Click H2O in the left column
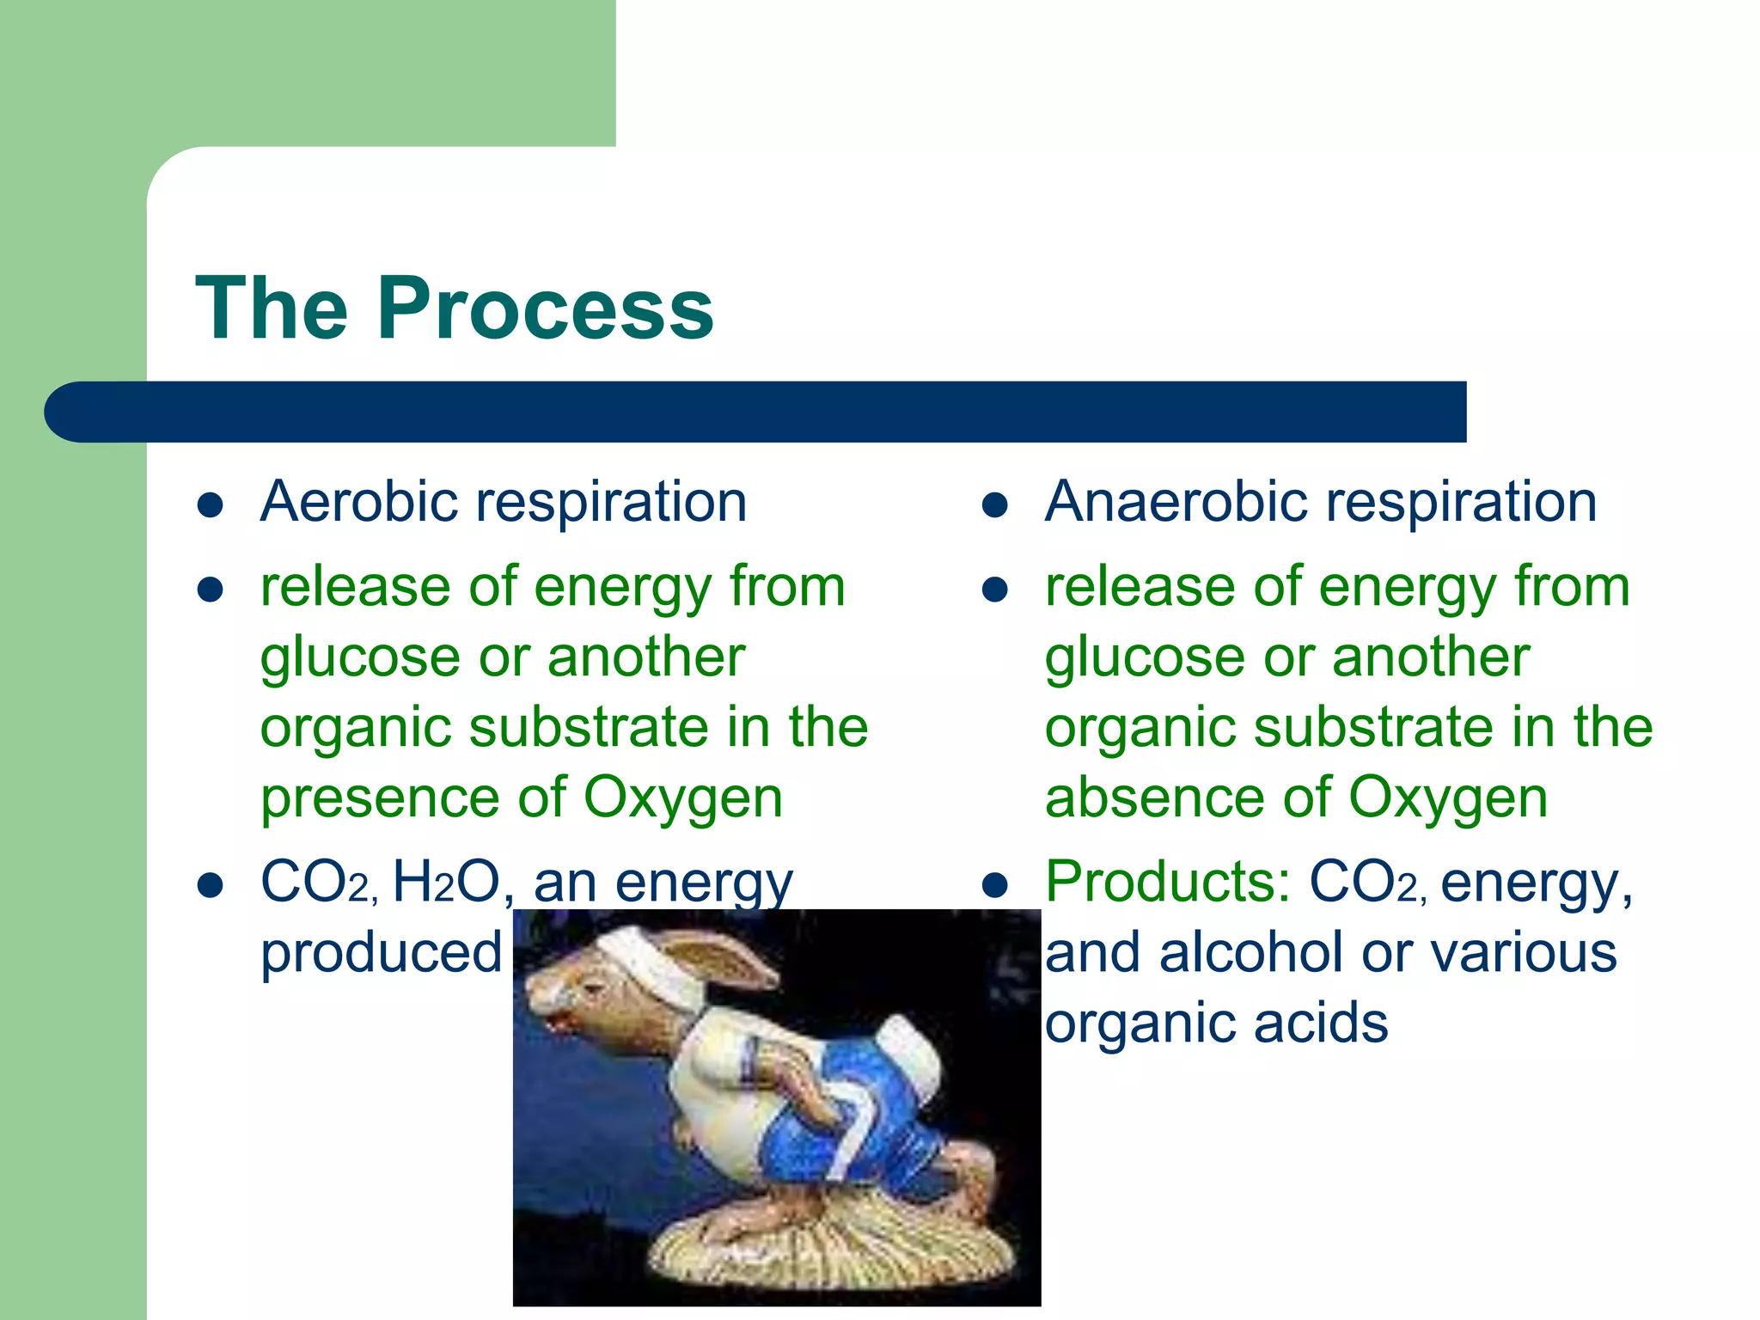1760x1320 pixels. pos(447,883)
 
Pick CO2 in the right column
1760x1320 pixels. pos(1366,883)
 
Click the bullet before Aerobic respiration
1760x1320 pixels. pos(211,505)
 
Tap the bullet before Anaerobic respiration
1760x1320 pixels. pos(994,505)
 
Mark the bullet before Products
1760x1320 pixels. pos(994,886)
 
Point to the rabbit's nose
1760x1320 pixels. pos(538,1001)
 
